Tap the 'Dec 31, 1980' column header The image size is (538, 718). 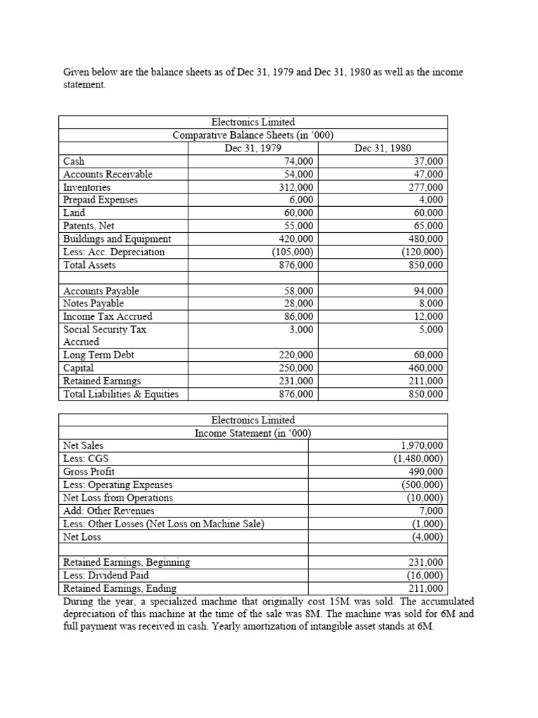coord(382,148)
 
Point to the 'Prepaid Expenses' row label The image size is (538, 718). coord(100,200)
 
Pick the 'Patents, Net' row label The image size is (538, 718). coord(89,226)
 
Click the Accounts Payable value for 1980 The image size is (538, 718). coord(429,291)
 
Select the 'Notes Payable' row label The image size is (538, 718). coord(93,304)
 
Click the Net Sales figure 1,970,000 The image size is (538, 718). coord(422,445)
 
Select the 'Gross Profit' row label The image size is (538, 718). coord(89,472)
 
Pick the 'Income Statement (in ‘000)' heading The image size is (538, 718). coord(253,433)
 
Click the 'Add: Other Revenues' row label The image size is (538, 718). coord(109,510)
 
